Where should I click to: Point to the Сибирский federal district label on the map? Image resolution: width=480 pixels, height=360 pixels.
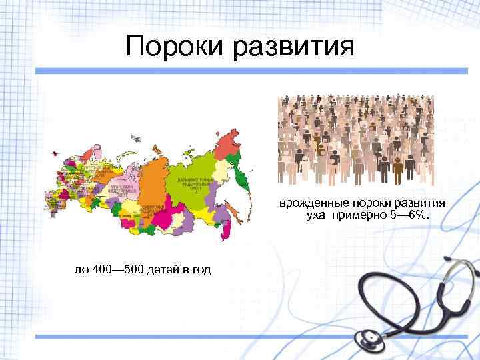(x=155, y=209)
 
